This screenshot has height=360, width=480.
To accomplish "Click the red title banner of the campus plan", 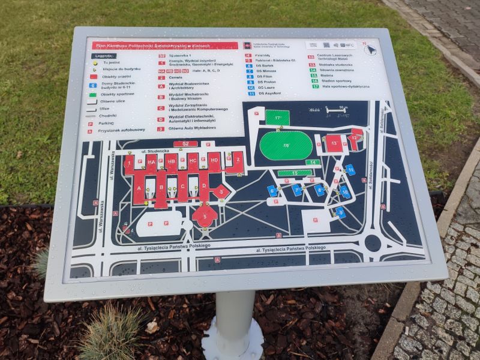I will tap(164, 46).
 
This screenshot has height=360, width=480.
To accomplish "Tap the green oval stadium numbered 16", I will tap(286, 146).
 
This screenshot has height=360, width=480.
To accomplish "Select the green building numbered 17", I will tap(277, 118).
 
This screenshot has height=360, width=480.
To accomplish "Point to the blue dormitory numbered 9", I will tap(340, 212).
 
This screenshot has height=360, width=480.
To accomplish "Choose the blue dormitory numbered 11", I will tap(350, 170).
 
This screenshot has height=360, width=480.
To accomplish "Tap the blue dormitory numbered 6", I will tap(273, 191).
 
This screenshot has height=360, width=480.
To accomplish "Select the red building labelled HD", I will tap(214, 161).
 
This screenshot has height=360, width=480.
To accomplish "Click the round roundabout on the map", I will tap(373, 242).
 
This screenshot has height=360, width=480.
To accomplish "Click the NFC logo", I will tap(347, 45).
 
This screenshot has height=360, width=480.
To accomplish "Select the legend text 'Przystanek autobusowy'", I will tap(124, 130).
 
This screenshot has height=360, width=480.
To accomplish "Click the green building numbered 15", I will tap(295, 173).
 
